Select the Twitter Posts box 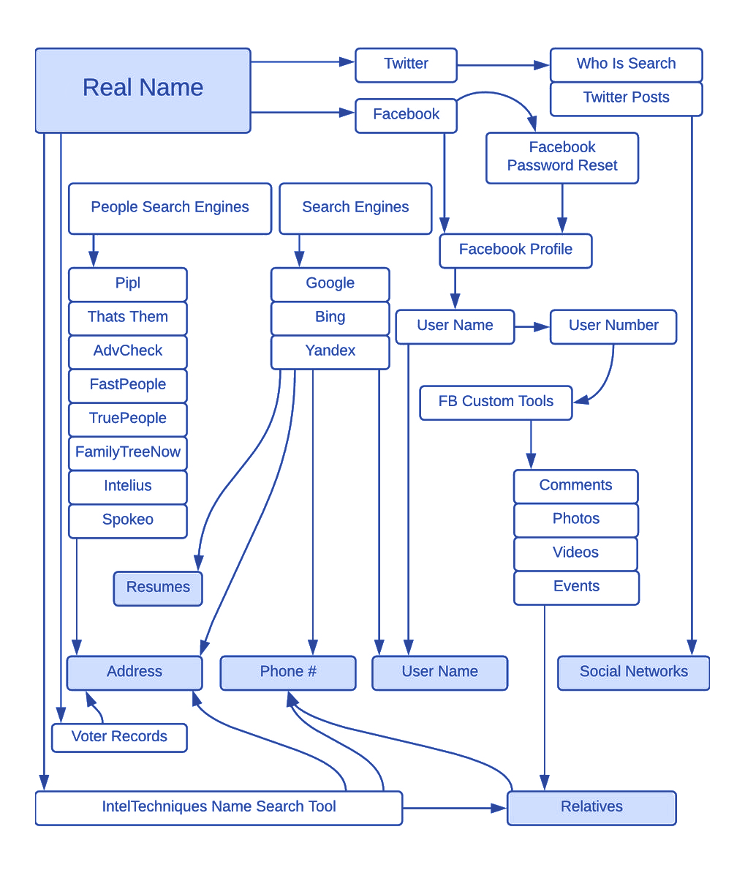[x=626, y=98]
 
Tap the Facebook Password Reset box [x=561, y=157]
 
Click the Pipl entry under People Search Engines [x=127, y=284]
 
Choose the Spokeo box [x=127, y=520]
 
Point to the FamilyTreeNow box [x=127, y=453]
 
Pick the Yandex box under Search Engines [x=330, y=351]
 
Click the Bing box [x=330, y=318]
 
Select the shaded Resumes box [x=158, y=588]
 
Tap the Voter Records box [x=119, y=737]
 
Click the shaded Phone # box [x=288, y=672]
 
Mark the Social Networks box [x=633, y=672]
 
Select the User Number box [x=613, y=326]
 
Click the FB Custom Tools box [x=496, y=402]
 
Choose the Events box [x=576, y=587]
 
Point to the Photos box [x=576, y=520]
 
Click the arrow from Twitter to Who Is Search [x=503, y=65]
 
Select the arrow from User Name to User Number [x=532, y=327]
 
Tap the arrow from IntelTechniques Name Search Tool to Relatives [x=454, y=808]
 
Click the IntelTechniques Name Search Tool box [x=219, y=808]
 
